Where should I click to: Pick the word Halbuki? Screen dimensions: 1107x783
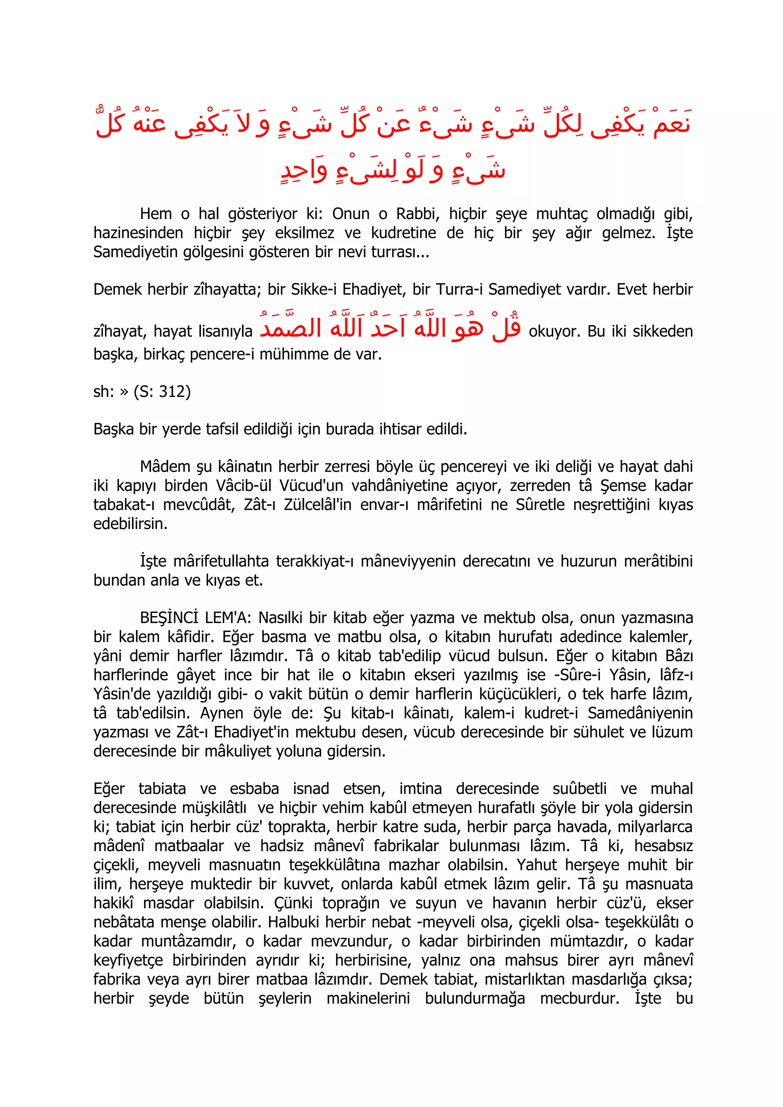coord(294,921)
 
